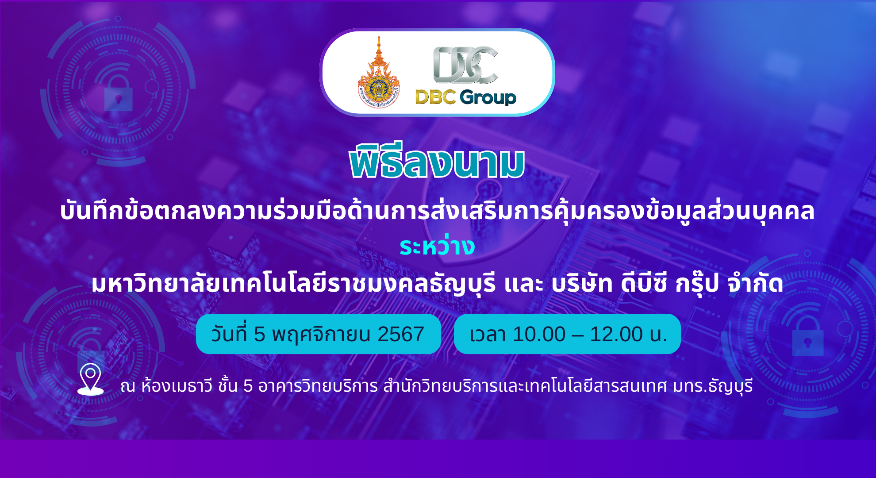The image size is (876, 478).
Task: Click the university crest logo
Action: point(379,73)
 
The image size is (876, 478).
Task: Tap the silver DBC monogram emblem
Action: point(466,65)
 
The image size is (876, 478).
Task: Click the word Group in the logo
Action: point(488,97)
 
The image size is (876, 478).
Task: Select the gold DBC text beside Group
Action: point(435,97)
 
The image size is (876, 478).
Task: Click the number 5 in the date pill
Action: point(259,335)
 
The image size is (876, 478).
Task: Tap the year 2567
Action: point(401,335)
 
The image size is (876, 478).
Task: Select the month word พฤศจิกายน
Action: point(321,335)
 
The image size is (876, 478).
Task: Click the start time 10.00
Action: point(539,335)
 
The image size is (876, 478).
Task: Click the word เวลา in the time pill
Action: point(488,335)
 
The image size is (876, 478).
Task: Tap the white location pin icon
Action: point(91,379)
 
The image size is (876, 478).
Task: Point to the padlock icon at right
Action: point(808,337)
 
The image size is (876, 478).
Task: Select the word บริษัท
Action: point(582,283)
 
